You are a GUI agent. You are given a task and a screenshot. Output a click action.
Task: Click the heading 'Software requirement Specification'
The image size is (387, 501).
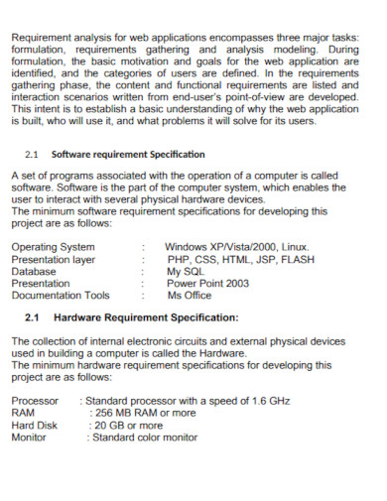(128, 155)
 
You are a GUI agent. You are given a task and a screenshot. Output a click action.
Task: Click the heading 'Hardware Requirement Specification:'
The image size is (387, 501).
(146, 317)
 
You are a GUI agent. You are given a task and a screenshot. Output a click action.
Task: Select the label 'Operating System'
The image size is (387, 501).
(53, 247)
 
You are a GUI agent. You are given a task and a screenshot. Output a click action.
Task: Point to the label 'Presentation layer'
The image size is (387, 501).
(54, 259)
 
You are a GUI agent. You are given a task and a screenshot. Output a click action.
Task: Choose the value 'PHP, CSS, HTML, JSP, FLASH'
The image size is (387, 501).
(241, 259)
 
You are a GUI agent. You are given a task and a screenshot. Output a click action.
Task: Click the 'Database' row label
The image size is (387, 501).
(34, 271)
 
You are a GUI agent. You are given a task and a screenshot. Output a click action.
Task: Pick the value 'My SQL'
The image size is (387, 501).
(187, 271)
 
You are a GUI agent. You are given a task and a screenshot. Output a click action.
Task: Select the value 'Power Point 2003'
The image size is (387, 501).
(206, 283)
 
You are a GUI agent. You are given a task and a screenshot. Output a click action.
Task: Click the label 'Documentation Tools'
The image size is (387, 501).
(60, 295)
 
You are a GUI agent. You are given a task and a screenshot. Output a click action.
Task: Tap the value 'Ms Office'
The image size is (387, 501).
(190, 295)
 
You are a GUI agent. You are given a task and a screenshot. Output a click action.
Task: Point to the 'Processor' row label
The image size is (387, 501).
(35, 401)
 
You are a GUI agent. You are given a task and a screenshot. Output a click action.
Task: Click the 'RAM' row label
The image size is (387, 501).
(23, 413)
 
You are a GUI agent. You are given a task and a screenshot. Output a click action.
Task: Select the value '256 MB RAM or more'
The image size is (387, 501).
(143, 413)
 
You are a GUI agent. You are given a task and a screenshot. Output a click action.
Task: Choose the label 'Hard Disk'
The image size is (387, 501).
(34, 425)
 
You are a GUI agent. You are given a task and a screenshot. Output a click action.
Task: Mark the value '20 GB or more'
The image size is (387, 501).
(128, 425)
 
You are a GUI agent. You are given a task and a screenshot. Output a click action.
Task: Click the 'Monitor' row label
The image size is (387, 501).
(29, 437)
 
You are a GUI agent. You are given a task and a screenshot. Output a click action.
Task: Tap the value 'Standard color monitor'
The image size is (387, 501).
(145, 437)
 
